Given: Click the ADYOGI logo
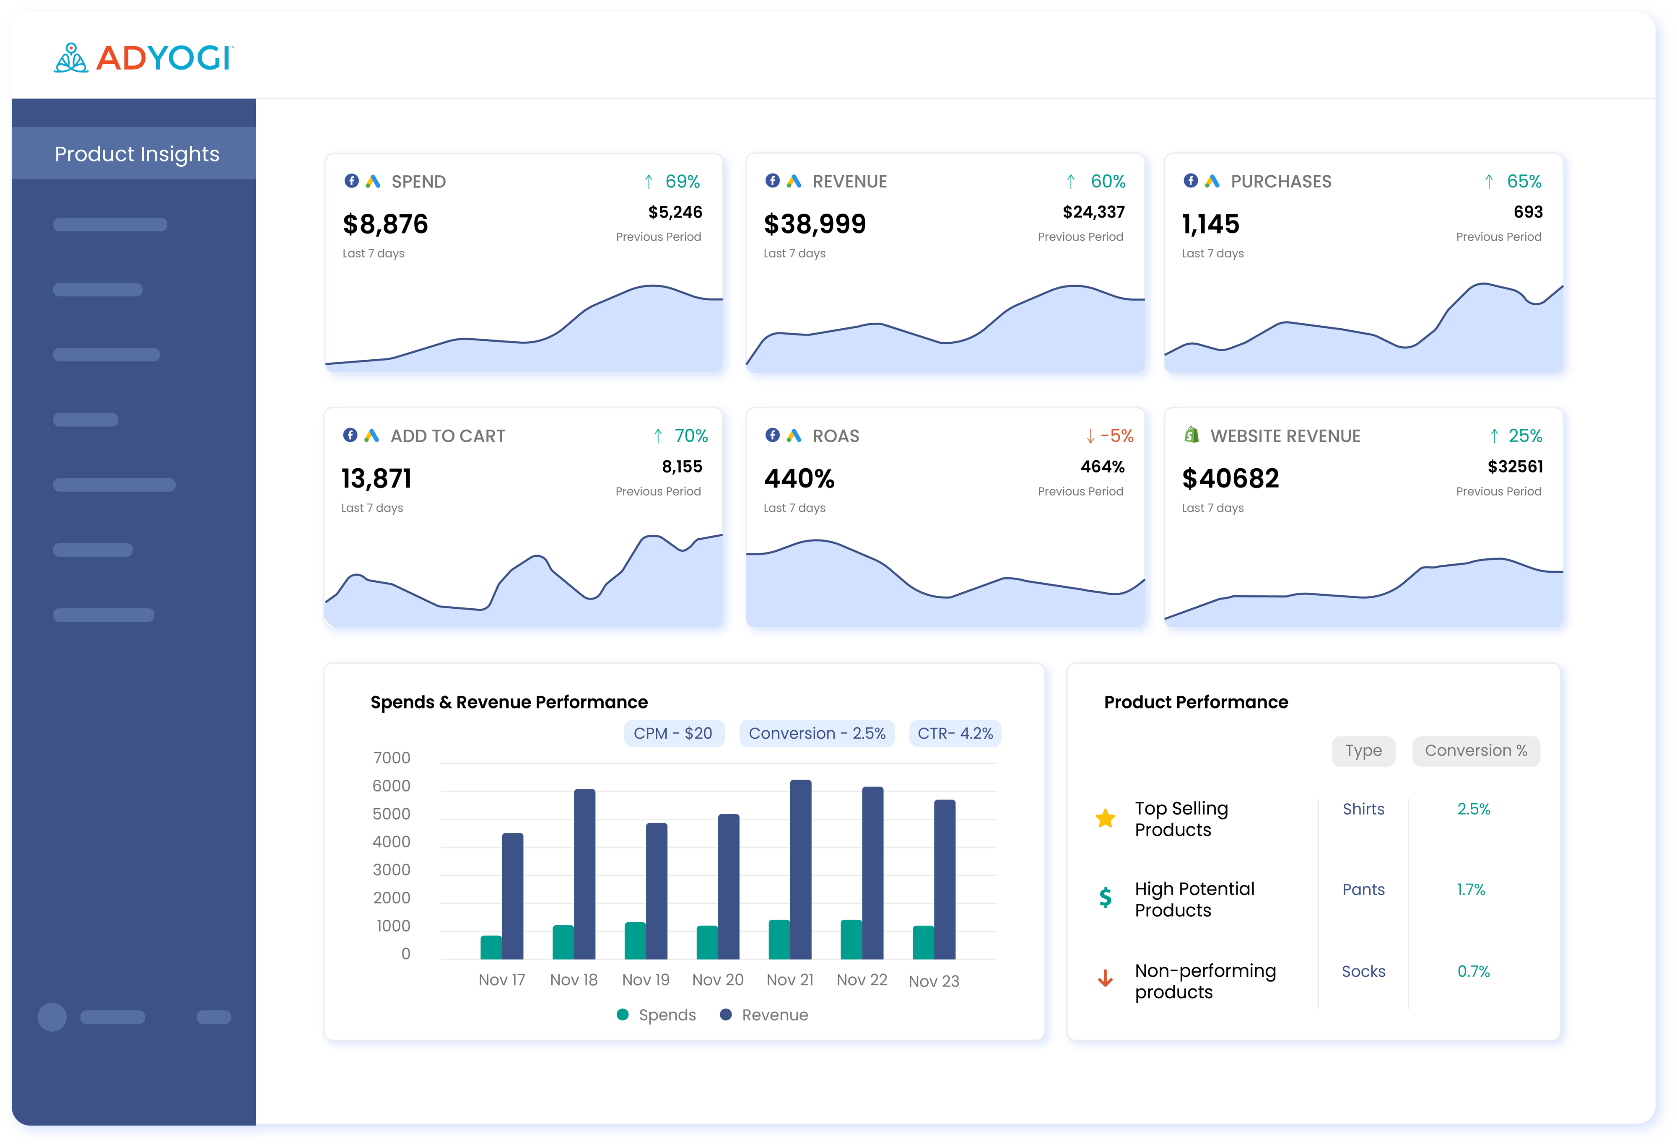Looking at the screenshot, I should point(143,58).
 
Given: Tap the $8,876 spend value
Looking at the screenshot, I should point(385,224).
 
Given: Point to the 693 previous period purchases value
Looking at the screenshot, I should point(1528,212).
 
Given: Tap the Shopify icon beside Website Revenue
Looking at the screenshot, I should point(1192,435).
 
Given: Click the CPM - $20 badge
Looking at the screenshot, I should point(672,734).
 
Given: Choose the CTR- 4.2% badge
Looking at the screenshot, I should point(955,734).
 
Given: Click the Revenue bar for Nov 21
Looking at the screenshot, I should point(800,869).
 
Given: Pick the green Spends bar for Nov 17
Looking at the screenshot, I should point(491,947).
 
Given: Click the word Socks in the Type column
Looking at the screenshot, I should point(1363,972).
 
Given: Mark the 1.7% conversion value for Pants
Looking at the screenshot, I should point(1471,890).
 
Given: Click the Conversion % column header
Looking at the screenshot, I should point(1476,751).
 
